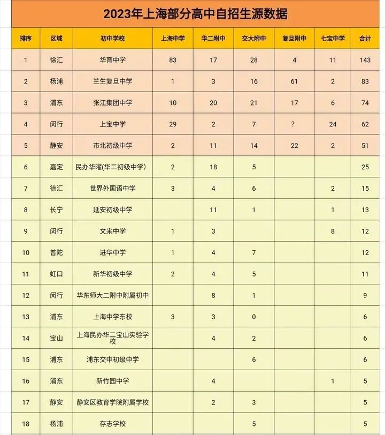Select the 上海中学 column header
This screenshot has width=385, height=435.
click(172, 39)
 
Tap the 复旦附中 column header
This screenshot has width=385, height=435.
click(294, 39)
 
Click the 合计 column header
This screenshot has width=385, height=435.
click(365, 39)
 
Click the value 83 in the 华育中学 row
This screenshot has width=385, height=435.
click(172, 60)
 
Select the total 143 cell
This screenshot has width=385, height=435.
click(365, 60)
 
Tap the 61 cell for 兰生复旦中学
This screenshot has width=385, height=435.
click(294, 81)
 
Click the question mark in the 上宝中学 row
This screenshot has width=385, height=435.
click(294, 124)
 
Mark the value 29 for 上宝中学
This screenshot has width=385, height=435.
click(172, 124)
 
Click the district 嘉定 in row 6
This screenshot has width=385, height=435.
click(56, 167)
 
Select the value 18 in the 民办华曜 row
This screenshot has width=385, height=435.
click(213, 167)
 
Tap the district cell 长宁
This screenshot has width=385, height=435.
click(56, 210)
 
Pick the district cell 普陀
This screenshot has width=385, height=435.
click(56, 253)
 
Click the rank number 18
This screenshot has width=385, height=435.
click(26, 424)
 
